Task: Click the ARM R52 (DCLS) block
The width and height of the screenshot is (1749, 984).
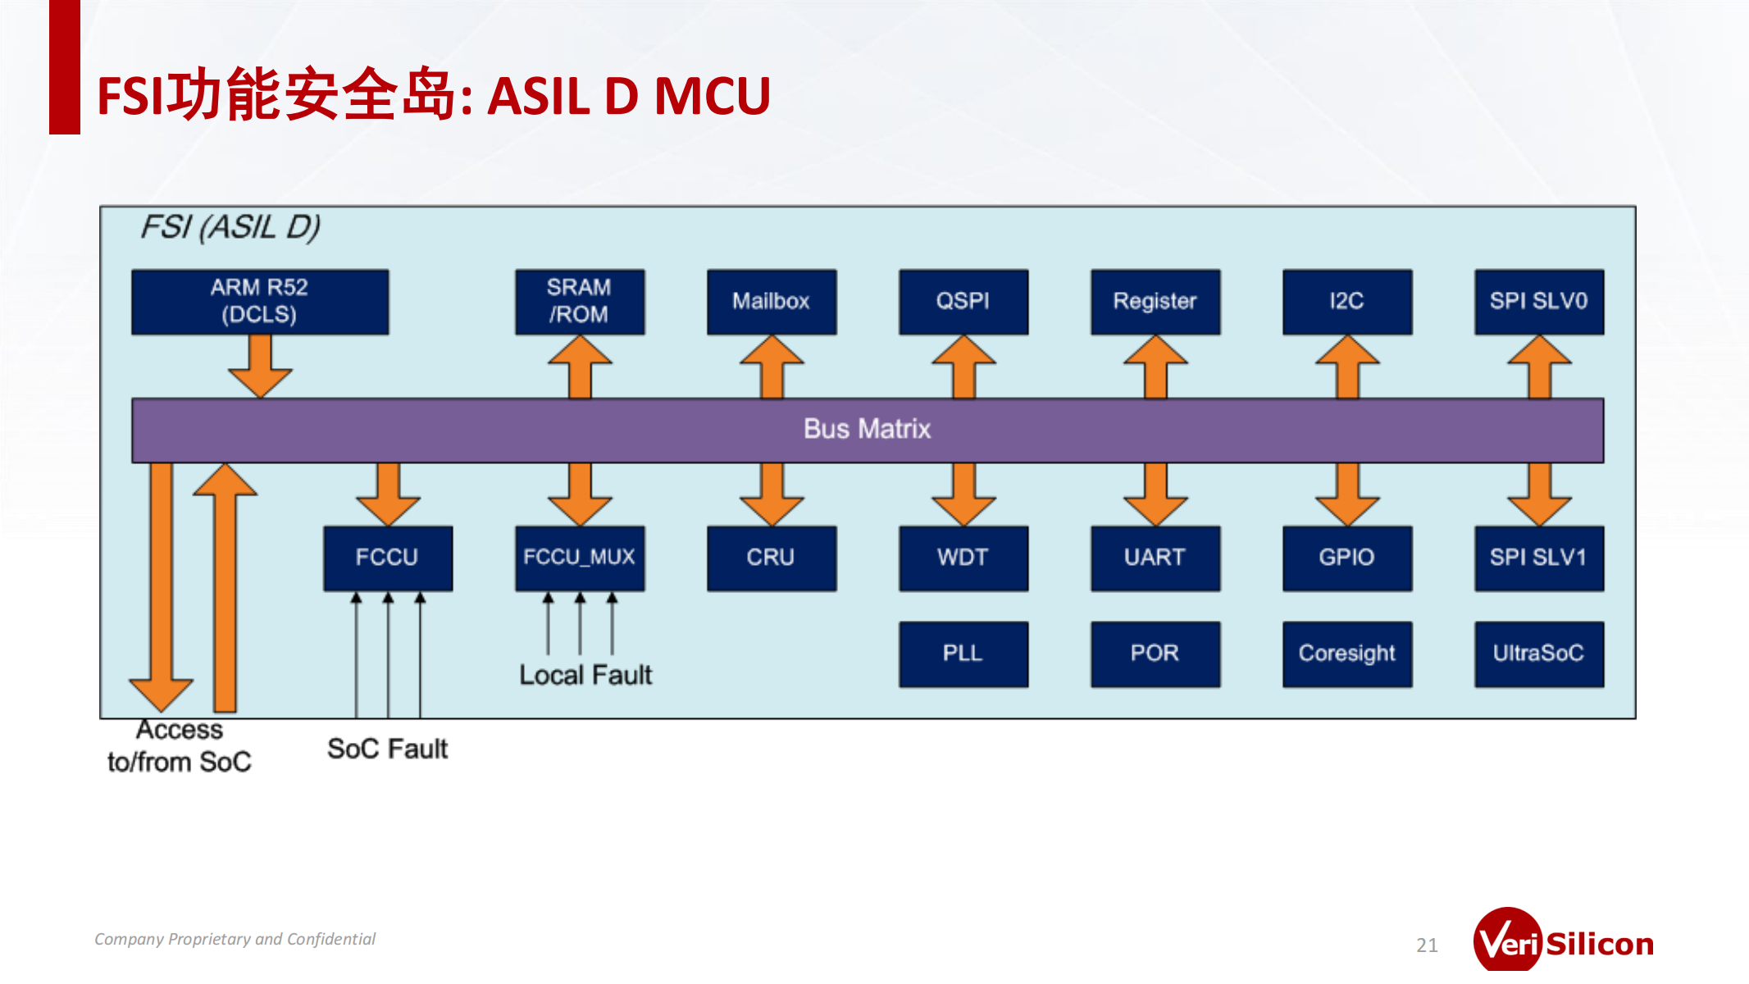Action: (x=260, y=302)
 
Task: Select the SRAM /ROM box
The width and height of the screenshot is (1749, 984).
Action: (x=580, y=302)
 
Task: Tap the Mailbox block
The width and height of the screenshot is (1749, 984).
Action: (x=772, y=302)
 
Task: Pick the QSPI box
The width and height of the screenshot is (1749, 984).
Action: (x=963, y=302)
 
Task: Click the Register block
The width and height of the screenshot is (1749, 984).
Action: (x=1155, y=302)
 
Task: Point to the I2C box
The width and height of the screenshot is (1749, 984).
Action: (x=1347, y=302)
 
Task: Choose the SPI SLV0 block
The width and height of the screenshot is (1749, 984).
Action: (x=1539, y=302)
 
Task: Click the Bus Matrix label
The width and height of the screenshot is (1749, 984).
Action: (x=867, y=430)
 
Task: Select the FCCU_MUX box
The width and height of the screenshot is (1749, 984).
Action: (x=580, y=558)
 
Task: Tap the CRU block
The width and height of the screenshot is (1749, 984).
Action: (x=772, y=558)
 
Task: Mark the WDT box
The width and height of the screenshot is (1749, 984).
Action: (x=963, y=558)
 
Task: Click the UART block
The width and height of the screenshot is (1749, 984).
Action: (x=1155, y=558)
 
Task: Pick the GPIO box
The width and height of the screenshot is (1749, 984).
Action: (x=1347, y=558)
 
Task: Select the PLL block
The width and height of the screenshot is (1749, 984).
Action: (x=963, y=654)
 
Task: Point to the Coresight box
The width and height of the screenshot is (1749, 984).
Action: (x=1347, y=654)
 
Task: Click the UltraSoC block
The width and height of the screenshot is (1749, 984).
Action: (x=1539, y=654)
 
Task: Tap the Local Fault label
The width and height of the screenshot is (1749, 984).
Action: (x=585, y=676)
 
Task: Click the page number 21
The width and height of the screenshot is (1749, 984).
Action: (x=1427, y=945)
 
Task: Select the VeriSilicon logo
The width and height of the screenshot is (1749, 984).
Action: (x=1563, y=943)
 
